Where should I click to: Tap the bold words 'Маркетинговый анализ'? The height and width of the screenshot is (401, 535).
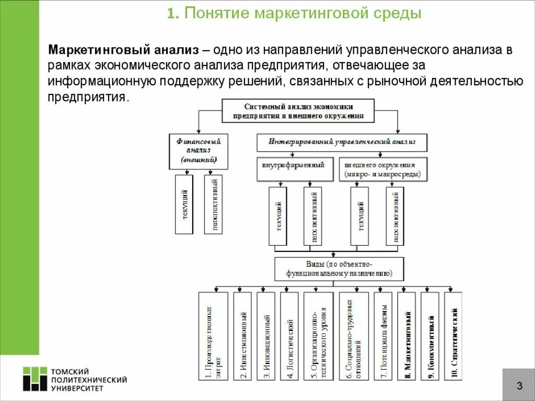click(x=123, y=51)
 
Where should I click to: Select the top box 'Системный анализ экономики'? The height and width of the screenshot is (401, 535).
click(x=298, y=110)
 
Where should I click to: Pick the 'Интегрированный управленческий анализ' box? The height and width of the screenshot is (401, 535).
click(x=342, y=142)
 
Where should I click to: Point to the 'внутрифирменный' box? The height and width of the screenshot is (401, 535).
click(x=294, y=168)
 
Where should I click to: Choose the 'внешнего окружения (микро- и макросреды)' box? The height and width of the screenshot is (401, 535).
click(x=382, y=169)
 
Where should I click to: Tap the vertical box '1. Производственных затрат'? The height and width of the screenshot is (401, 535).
click(x=213, y=336)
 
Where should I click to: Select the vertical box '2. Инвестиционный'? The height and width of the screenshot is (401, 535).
click(x=242, y=336)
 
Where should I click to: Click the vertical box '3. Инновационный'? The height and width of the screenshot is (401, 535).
click(x=266, y=336)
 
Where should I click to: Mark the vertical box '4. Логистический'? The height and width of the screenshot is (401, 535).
click(x=289, y=336)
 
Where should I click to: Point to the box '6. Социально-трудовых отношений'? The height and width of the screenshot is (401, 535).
click(x=354, y=336)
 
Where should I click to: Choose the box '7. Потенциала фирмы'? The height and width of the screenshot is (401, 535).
click(x=383, y=336)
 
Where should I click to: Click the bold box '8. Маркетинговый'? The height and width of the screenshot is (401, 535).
click(x=406, y=336)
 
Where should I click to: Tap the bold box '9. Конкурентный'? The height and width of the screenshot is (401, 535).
click(x=430, y=336)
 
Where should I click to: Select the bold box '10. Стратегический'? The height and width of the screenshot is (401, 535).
click(x=453, y=336)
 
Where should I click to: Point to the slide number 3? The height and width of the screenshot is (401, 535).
click(x=519, y=386)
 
